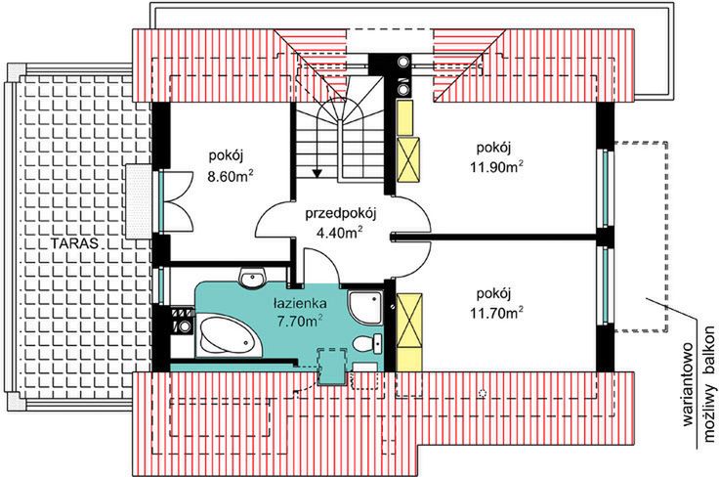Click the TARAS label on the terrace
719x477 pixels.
tap(75, 243)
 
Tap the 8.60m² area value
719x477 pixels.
tap(231, 176)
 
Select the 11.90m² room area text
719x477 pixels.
tap(496, 166)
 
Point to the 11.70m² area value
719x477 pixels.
tap(496, 313)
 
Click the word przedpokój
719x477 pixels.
tap(341, 214)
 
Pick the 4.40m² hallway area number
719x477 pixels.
tap(340, 233)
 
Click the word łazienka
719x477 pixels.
tap(300, 303)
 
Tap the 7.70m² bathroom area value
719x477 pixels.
tap(300, 321)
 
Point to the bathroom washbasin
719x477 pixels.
tap(252, 278)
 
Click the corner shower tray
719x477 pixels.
tap(364, 308)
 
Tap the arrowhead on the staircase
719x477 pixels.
tap(317, 173)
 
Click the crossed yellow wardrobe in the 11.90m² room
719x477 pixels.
tap(407, 159)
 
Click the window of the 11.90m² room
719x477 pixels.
tap(606, 188)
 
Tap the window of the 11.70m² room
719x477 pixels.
tap(606, 285)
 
